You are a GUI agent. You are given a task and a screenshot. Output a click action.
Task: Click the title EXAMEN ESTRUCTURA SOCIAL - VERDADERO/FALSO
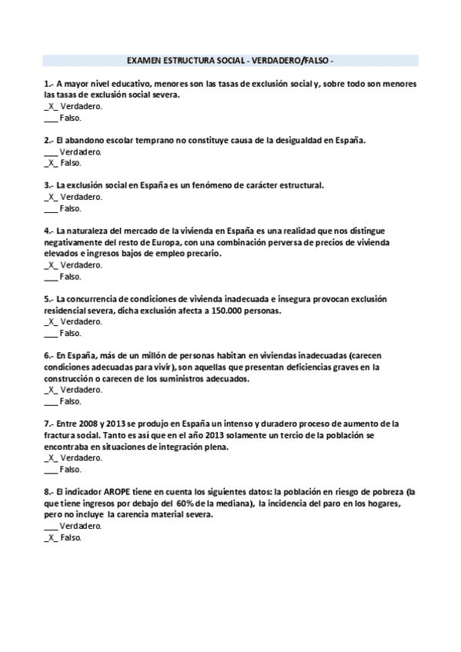tap(229, 60)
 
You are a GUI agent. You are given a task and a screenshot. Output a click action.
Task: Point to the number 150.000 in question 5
tap(220, 311)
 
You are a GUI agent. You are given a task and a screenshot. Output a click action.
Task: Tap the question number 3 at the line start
tap(48, 185)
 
